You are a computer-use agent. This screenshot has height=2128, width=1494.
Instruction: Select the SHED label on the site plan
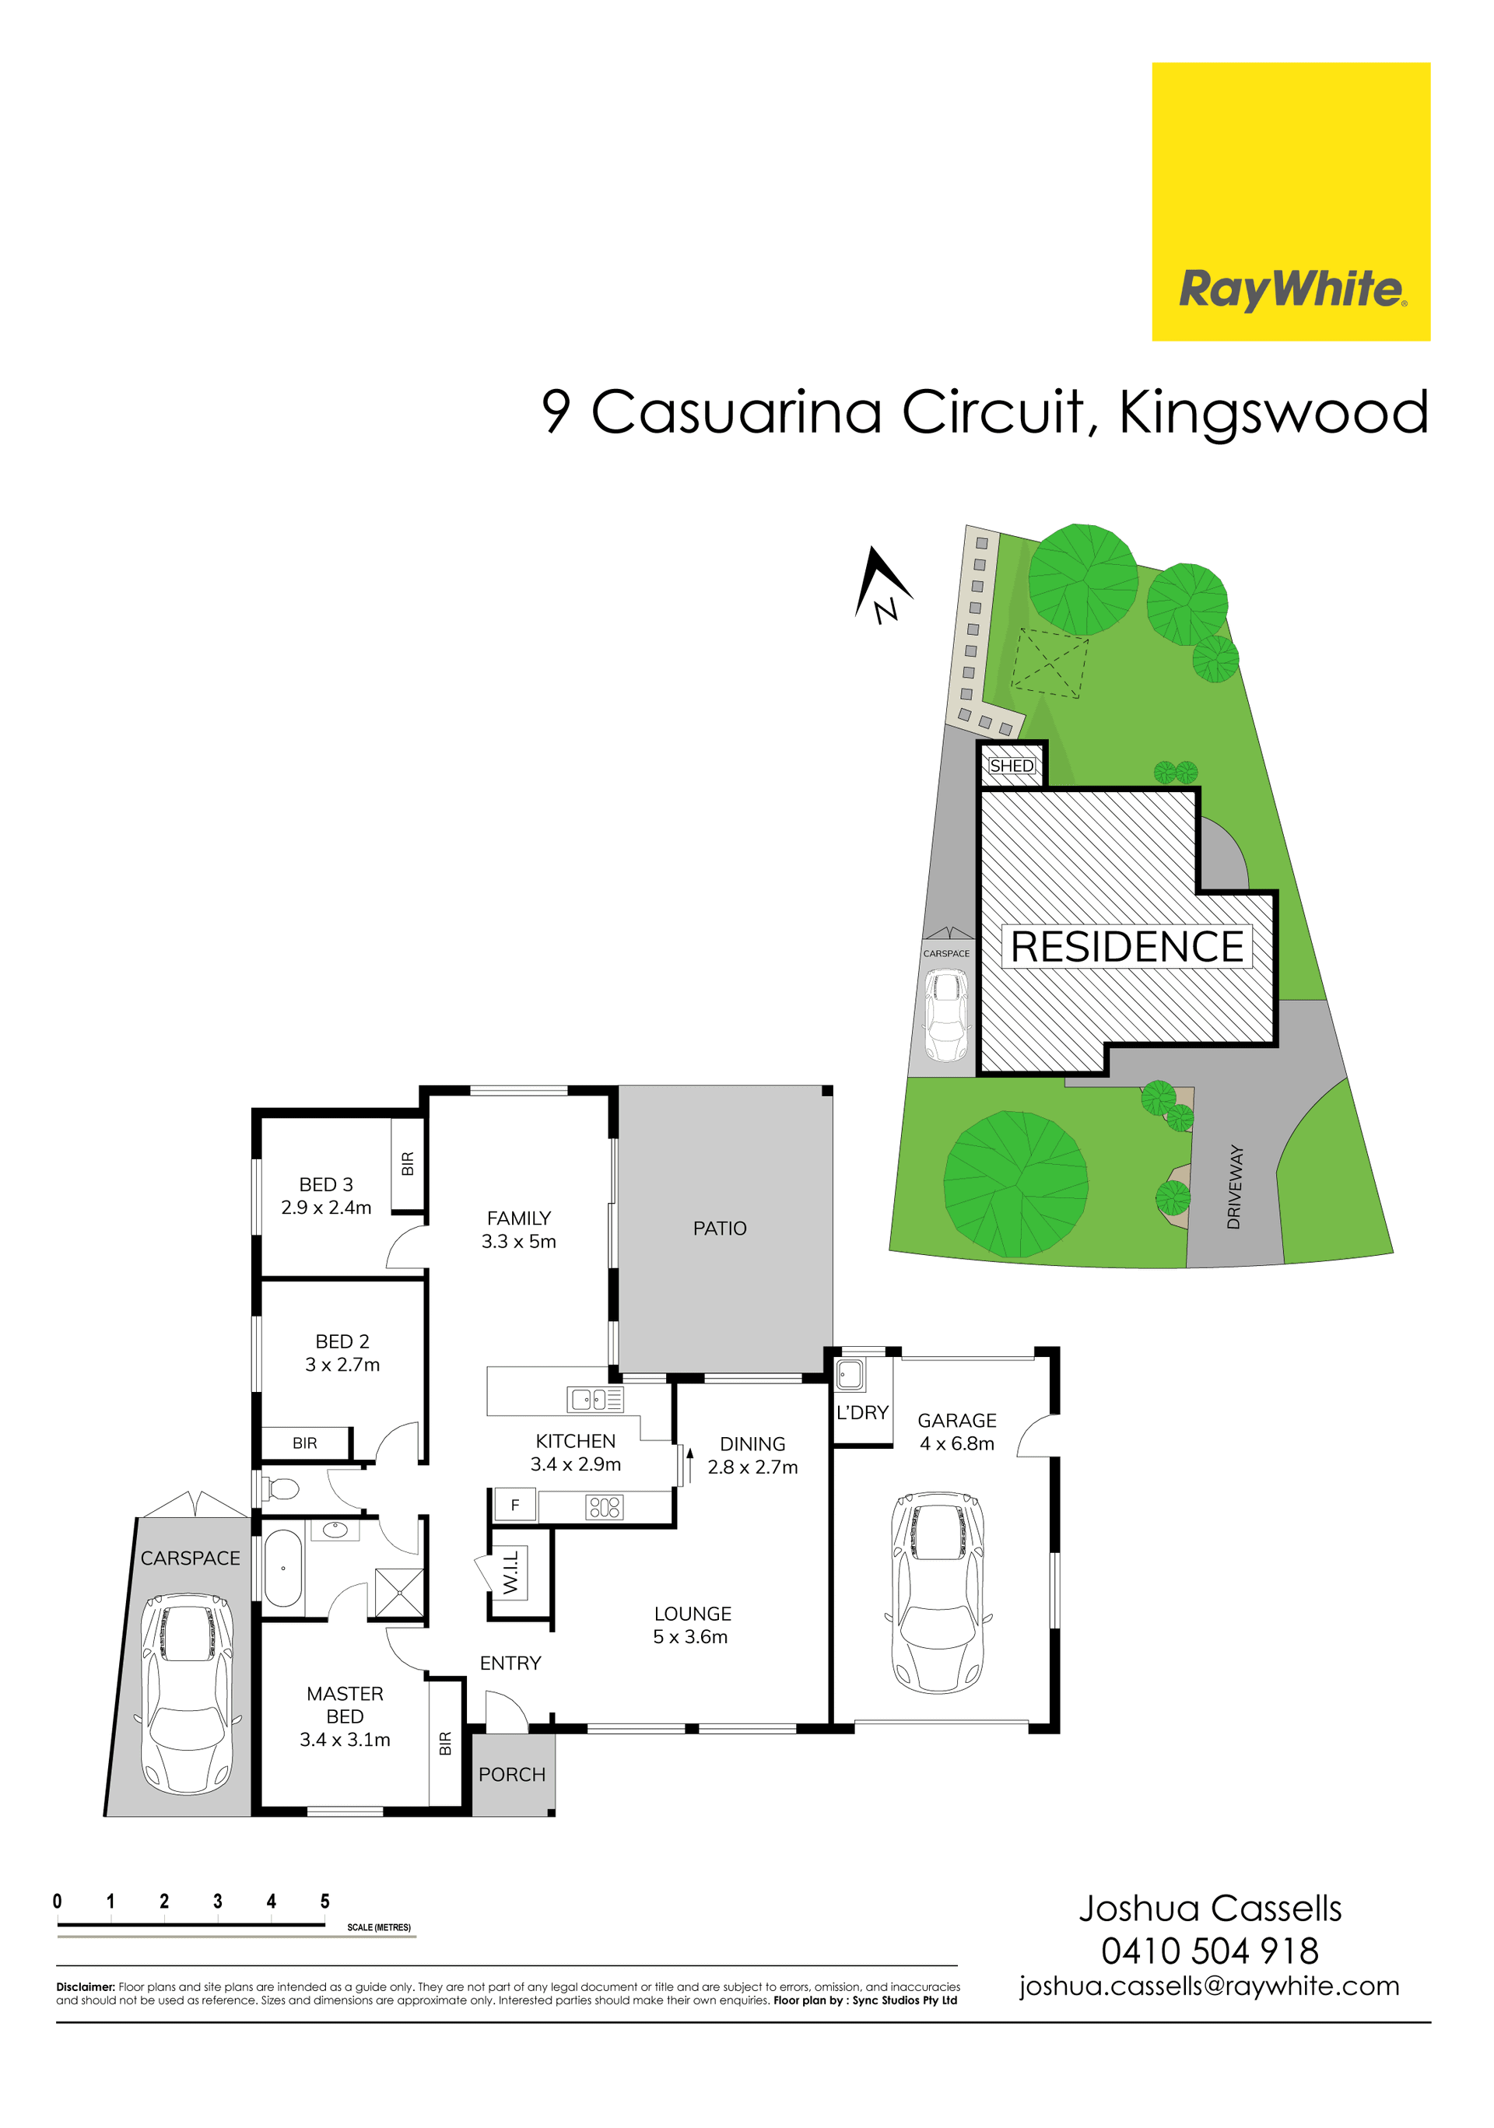1011,766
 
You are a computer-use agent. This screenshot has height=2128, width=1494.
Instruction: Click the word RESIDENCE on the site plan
1127,946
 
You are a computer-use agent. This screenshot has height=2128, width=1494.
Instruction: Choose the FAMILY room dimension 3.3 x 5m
519,1241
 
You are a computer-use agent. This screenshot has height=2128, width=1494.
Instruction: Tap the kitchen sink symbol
596,1399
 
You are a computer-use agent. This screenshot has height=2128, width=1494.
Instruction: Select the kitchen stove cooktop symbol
605,1507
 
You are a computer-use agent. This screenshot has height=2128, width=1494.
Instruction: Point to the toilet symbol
280,1488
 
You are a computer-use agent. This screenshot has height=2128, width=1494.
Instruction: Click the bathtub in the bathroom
283,1569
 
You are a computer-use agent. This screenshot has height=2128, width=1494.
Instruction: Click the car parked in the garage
937,1592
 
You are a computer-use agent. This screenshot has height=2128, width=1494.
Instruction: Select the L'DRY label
862,1412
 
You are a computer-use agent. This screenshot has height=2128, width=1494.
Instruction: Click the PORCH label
511,1774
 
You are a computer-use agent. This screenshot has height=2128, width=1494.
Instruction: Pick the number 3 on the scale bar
218,1901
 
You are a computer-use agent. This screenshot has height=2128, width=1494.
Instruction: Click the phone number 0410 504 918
1209,1950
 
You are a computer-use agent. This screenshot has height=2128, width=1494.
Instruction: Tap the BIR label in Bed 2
305,1443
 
